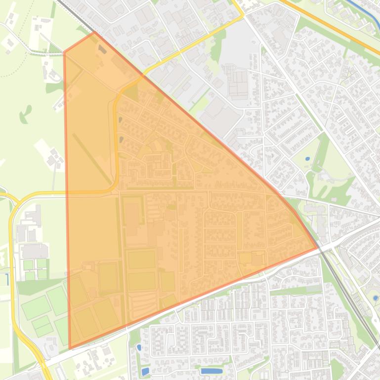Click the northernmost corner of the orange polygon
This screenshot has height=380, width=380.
pos(94,33)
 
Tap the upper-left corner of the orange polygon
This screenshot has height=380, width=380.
pos(65,51)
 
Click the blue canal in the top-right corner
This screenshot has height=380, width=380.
pos(366,9)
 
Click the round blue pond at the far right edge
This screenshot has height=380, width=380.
pos(376,298)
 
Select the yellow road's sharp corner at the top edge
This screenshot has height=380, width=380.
pos(243,16)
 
